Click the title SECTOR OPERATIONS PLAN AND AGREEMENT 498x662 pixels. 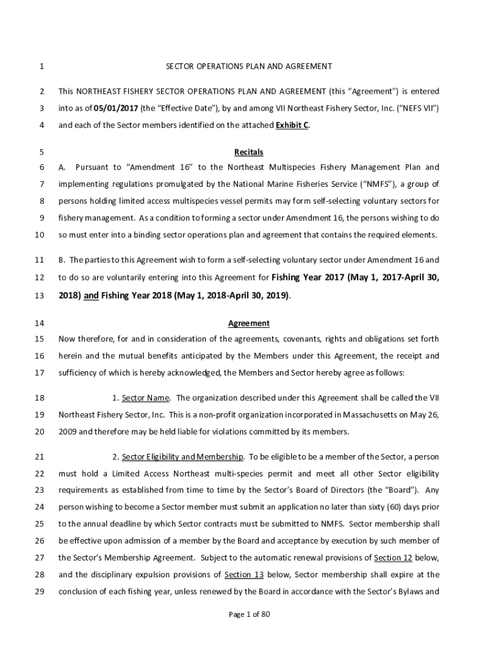tap(249, 66)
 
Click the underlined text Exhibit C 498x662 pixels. tap(292, 125)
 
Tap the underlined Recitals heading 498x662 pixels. tap(249, 153)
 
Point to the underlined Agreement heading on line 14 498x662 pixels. tap(249, 323)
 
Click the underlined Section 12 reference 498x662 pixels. tap(394, 557)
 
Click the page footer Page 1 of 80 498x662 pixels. tap(249, 615)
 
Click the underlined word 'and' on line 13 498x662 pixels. tap(91, 296)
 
